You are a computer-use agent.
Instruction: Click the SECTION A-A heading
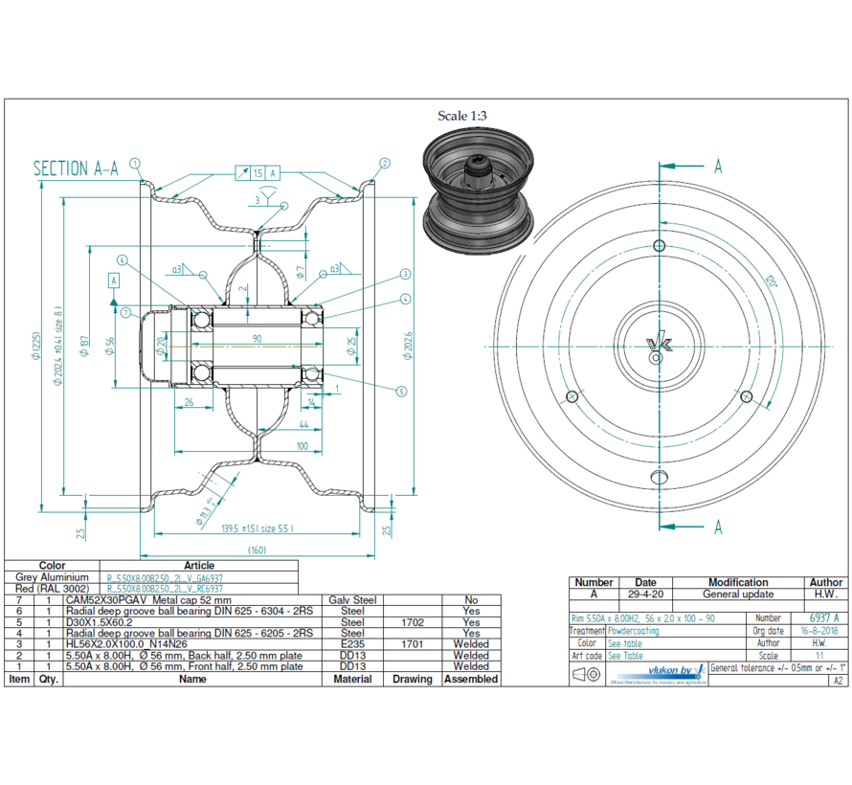pyautogui.click(x=76, y=169)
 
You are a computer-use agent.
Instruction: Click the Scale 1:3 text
pyautogui.click(x=466, y=116)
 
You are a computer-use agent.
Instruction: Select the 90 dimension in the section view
pyautogui.click(x=257, y=338)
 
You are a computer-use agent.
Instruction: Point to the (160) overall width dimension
pyautogui.click(x=258, y=549)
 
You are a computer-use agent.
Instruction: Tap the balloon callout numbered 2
pyautogui.click(x=384, y=163)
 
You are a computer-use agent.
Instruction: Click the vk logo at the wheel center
pyautogui.click(x=658, y=345)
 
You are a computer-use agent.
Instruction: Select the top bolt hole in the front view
pyautogui.click(x=659, y=247)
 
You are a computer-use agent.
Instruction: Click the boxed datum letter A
pyautogui.click(x=114, y=280)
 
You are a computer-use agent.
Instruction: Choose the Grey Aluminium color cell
pyautogui.click(x=52, y=577)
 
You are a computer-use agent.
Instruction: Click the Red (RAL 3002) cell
pyautogui.click(x=52, y=589)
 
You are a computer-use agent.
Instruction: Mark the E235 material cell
pyautogui.click(x=352, y=644)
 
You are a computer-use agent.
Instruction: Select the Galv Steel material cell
pyautogui.click(x=352, y=599)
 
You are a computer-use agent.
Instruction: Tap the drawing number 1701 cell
pyautogui.click(x=413, y=644)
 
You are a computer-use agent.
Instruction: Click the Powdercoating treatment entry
pyautogui.click(x=633, y=631)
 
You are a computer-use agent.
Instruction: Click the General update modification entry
pyautogui.click(x=737, y=594)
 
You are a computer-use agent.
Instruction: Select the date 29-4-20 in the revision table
pyautogui.click(x=645, y=594)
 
